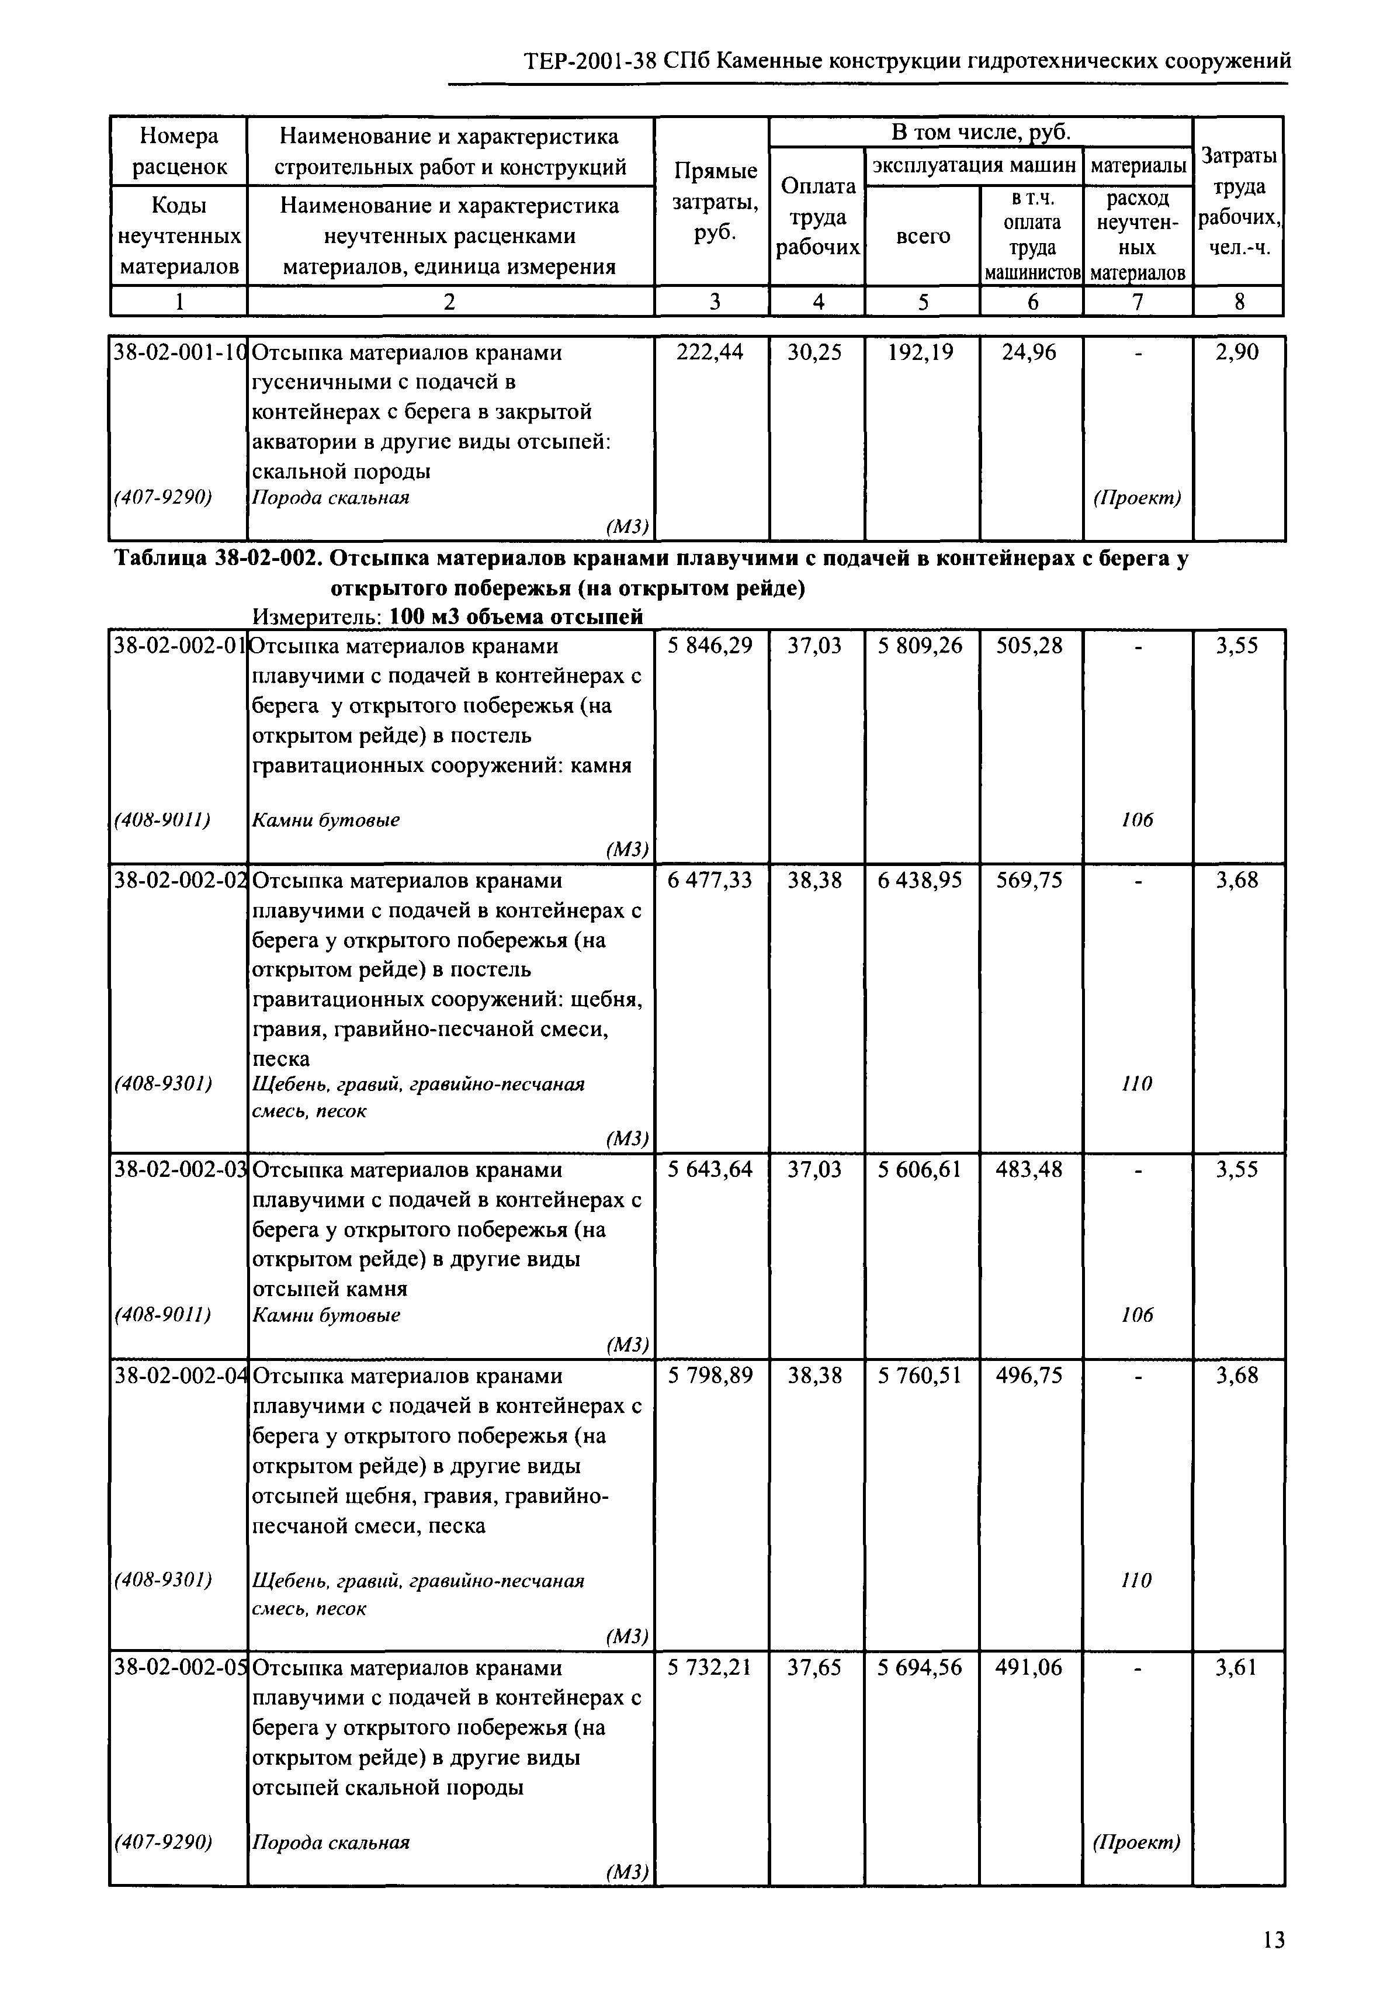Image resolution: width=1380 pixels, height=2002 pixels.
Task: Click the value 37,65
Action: pyautogui.click(x=814, y=1667)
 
